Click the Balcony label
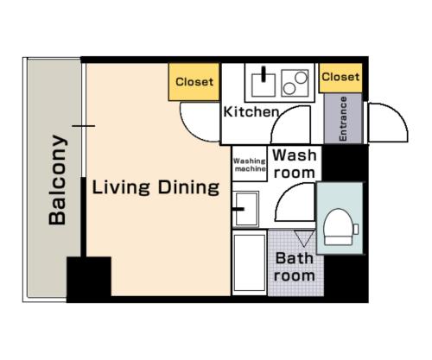58,180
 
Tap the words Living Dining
156,187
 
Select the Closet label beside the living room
194,82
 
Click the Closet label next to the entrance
340,77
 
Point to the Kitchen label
251,112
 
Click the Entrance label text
343,118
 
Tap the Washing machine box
250,164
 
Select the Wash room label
295,164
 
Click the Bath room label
295,267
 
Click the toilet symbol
339,227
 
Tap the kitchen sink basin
264,85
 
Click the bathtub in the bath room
250,263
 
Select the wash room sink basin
247,209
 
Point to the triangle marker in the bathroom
304,238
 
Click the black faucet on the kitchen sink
264,74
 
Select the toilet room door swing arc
283,191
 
